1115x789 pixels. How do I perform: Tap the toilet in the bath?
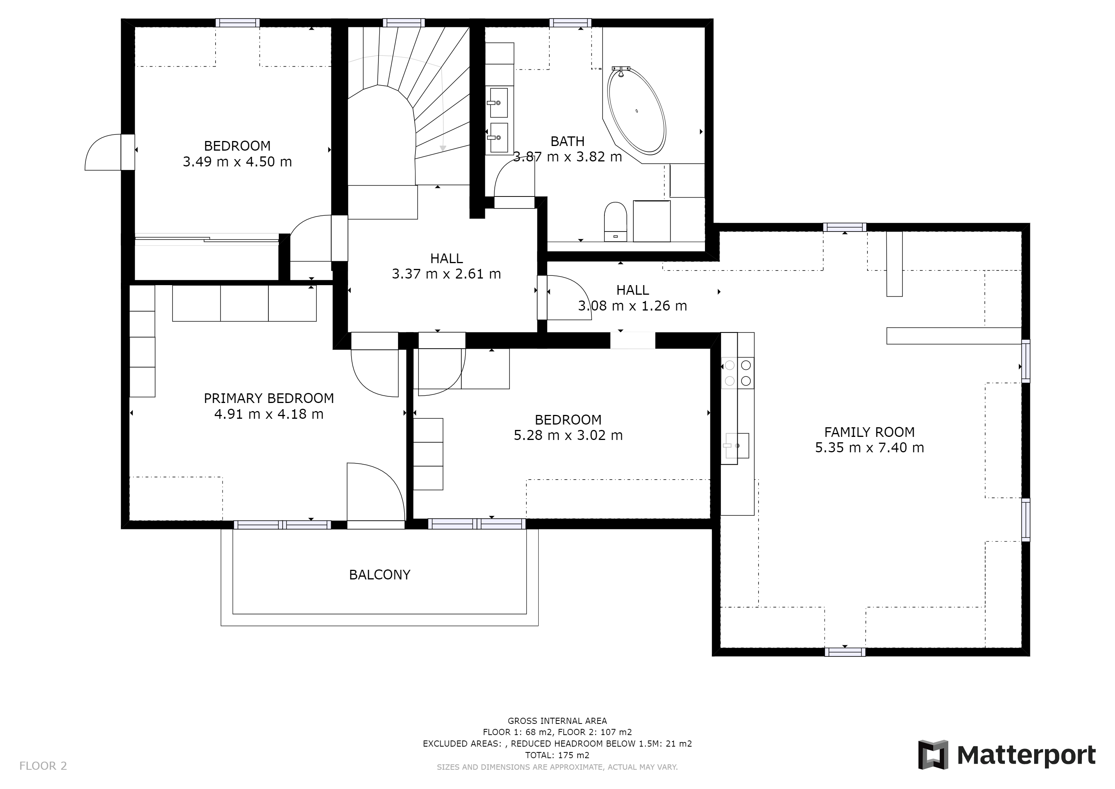pos(616,222)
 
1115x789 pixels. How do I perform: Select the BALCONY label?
pos(380,575)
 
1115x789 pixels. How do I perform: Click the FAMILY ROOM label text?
pos(869,432)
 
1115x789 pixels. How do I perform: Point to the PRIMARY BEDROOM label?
pos(269,398)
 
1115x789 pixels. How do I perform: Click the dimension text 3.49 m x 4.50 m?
pos(237,161)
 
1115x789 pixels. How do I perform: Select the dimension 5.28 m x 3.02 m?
pos(568,435)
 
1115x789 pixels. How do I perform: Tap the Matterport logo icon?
pos(933,754)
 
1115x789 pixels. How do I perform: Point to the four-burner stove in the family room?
pos(738,372)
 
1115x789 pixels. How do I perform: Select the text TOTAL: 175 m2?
pos(557,755)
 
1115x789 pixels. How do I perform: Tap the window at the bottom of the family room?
pos(845,652)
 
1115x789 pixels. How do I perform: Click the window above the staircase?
pos(403,23)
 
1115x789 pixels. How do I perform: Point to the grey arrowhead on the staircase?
pos(442,148)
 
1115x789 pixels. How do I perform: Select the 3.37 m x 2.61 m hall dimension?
pos(446,274)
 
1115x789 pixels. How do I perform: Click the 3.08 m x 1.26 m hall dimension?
pos(632,306)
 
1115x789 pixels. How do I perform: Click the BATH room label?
pos(567,141)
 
